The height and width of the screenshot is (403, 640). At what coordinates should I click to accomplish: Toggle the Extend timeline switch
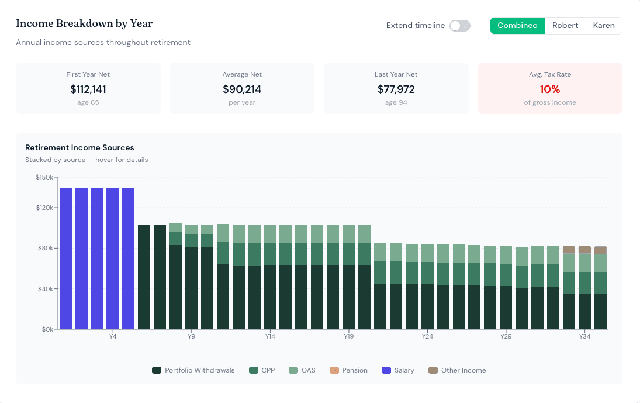click(459, 26)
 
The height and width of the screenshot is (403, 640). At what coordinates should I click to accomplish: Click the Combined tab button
click(517, 26)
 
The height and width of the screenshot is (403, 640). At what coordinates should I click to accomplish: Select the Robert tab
click(565, 26)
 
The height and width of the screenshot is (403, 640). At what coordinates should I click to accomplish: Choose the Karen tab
click(604, 26)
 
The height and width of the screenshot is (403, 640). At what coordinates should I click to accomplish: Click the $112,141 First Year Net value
click(88, 89)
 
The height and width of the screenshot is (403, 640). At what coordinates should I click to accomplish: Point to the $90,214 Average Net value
click(242, 89)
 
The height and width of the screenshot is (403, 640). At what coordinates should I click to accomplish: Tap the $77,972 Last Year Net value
click(396, 89)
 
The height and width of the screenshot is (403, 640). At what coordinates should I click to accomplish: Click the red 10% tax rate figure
click(550, 89)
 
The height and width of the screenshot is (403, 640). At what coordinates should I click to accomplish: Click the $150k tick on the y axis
click(44, 177)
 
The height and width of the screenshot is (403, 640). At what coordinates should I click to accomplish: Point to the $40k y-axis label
click(46, 289)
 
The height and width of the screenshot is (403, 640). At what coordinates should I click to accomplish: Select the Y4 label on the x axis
click(113, 336)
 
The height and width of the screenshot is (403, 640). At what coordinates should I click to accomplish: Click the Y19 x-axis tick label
click(348, 336)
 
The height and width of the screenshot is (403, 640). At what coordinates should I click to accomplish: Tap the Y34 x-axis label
click(584, 336)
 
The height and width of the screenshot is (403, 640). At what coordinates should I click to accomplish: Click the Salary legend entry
click(398, 370)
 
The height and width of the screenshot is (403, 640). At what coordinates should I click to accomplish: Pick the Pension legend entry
click(348, 370)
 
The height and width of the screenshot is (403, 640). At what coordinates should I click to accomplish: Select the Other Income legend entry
click(457, 370)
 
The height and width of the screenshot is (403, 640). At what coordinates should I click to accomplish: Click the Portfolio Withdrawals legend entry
click(193, 370)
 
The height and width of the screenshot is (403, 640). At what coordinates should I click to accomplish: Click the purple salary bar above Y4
click(113, 259)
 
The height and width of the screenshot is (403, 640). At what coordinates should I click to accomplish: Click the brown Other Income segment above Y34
click(584, 250)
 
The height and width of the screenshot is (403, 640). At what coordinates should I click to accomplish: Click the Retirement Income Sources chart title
click(79, 148)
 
